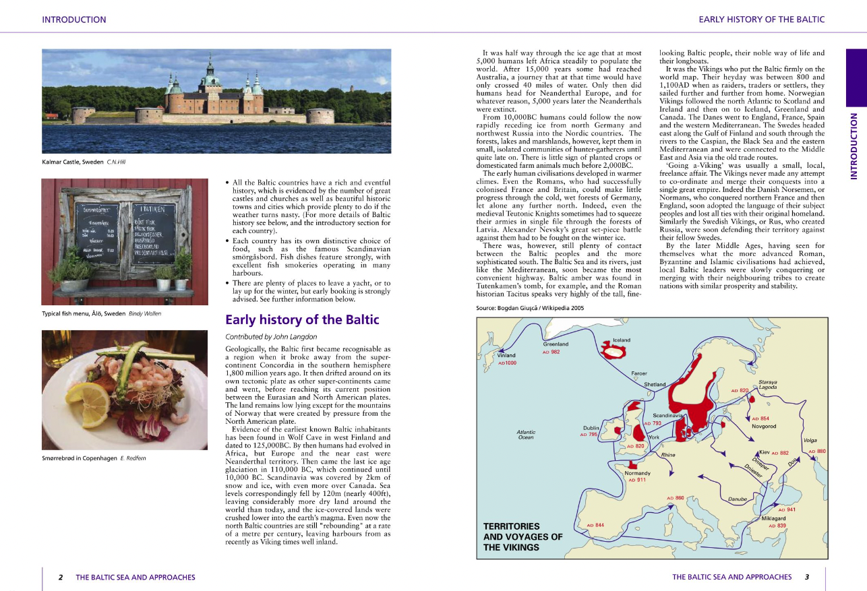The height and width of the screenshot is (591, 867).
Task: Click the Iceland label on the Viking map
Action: pos(622,340)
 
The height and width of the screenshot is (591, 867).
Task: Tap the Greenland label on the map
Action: pos(556,344)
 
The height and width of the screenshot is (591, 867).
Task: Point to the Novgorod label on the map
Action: pos(764,427)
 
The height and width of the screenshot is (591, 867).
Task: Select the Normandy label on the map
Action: pos(637,473)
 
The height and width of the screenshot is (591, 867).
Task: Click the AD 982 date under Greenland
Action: pos(551,352)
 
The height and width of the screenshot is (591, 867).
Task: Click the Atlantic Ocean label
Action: pos(526,435)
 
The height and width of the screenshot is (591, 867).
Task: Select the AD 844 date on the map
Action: pos(595,525)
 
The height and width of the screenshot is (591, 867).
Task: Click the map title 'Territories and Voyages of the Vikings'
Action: pos(523,536)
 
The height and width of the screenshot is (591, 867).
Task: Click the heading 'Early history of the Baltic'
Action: pos(302,320)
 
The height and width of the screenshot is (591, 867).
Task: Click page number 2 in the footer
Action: pos(61,577)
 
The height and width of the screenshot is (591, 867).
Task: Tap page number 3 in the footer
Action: pos(806,577)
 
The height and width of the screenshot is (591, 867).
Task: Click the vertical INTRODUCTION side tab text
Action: pos(854,146)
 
